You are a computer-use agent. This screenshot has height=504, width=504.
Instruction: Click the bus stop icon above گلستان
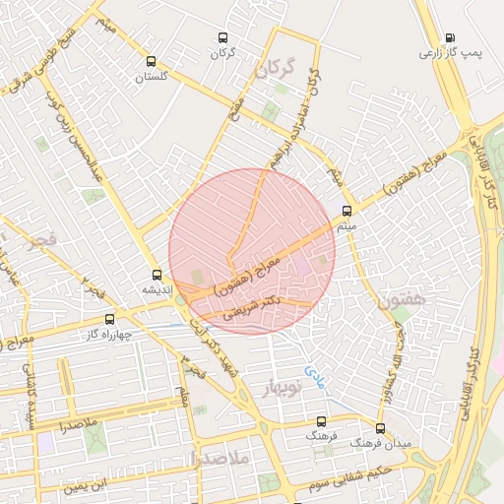pyautogui.click(x=152, y=59)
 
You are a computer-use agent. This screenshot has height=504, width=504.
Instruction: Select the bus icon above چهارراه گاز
pyautogui.click(x=109, y=318)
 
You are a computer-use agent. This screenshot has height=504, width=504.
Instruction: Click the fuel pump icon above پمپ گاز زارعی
pyautogui.click(x=449, y=36)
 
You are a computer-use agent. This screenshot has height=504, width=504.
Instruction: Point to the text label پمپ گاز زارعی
pyautogui.click(x=455, y=53)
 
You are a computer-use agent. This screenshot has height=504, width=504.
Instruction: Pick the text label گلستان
pyautogui.click(x=151, y=76)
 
